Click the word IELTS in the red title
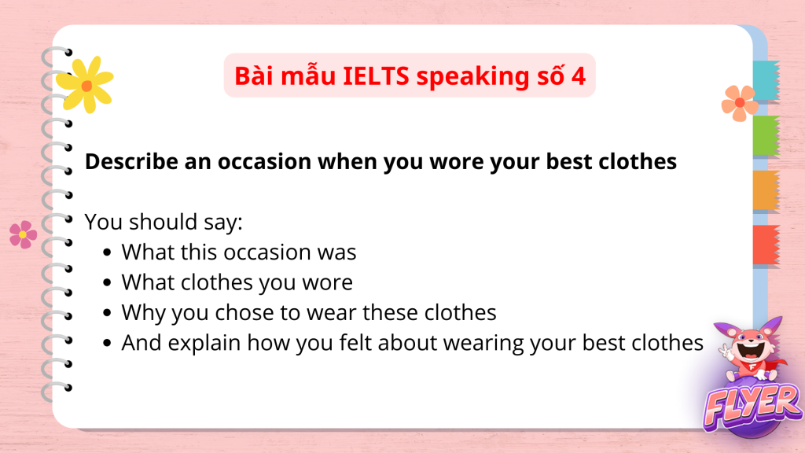(x=376, y=76)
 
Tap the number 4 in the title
(x=578, y=76)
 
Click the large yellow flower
(x=85, y=85)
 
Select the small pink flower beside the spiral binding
(x=23, y=234)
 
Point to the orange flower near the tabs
(x=740, y=103)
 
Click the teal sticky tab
(x=766, y=81)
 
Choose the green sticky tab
(x=766, y=135)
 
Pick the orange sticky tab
(x=766, y=190)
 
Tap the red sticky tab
(x=766, y=245)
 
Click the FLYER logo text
(x=752, y=407)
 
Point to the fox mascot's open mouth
(x=752, y=352)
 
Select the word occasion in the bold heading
(x=264, y=162)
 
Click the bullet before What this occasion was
(x=107, y=252)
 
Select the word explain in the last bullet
(x=204, y=343)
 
